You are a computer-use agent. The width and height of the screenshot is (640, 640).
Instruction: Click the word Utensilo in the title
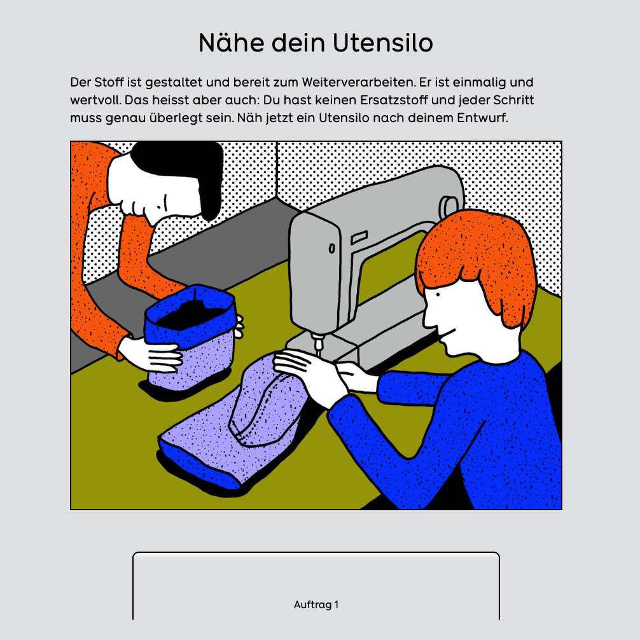coord(382,43)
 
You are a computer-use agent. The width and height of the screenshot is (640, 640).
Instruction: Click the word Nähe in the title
coord(231,43)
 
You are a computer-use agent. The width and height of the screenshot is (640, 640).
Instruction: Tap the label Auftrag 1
coord(316,604)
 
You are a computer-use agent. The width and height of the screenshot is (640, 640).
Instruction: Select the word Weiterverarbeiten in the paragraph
coord(359,82)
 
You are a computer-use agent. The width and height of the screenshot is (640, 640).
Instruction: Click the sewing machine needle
coord(317,346)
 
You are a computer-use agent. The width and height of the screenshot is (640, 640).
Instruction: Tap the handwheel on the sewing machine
coord(449,208)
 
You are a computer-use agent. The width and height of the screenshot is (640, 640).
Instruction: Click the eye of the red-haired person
coord(438,295)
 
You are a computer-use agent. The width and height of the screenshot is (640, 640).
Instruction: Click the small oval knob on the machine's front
coord(332,248)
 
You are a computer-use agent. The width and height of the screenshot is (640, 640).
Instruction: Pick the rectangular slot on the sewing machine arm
coord(359,238)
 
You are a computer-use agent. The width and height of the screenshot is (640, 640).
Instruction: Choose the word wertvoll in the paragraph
coord(95,100)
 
